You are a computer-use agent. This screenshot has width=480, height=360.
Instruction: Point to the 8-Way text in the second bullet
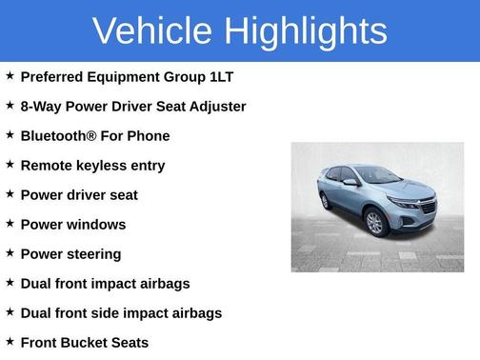[x=42, y=106]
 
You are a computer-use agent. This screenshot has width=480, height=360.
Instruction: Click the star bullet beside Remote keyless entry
[x=10, y=165]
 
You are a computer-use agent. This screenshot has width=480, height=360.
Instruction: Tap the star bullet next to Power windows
[x=10, y=224]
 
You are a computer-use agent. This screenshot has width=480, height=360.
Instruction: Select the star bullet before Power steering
[x=10, y=253]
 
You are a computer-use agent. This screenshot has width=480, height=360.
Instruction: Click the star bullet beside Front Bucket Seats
[x=10, y=342]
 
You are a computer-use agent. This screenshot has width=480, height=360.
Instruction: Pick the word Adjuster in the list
[x=218, y=106]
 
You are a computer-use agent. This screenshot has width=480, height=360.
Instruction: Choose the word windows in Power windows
[x=95, y=224]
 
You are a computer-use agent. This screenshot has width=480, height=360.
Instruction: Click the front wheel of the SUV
[x=374, y=223]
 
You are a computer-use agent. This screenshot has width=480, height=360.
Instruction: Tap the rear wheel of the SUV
[x=326, y=201]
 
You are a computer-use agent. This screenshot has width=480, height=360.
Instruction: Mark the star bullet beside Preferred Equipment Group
[x=10, y=76]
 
